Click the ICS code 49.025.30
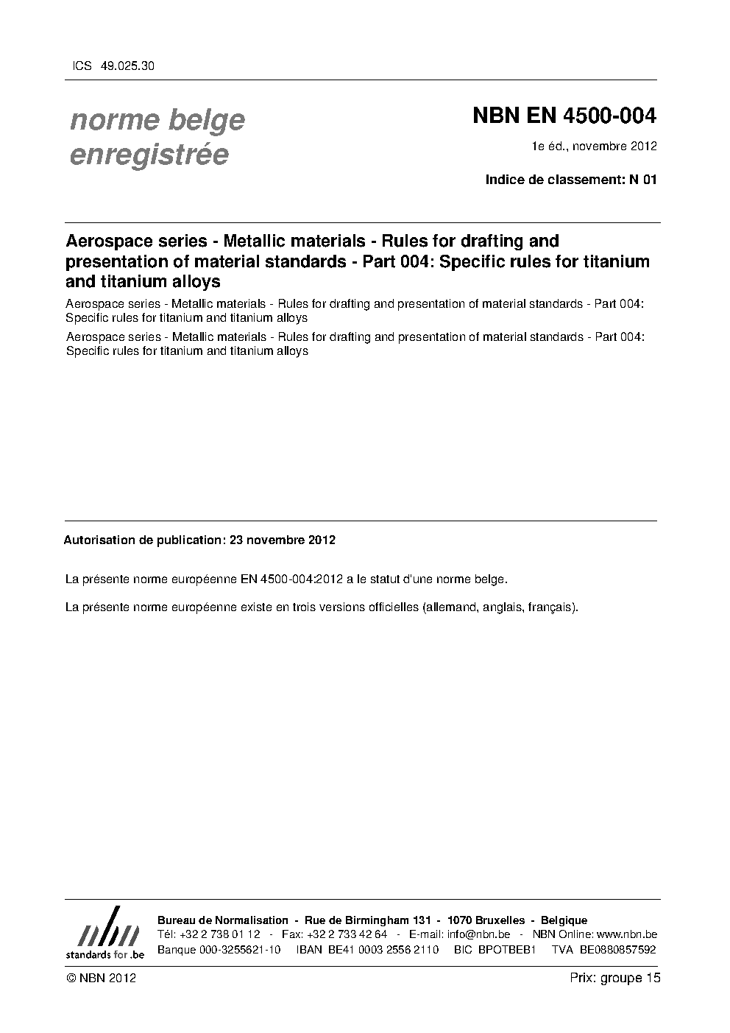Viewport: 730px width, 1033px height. click(127, 66)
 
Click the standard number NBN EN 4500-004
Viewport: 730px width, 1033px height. click(564, 116)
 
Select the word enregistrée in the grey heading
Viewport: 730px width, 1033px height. click(149, 155)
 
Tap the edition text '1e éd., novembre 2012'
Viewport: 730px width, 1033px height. click(595, 146)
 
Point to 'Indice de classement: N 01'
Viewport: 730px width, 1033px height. click(570, 180)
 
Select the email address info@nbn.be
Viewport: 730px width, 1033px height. click(478, 934)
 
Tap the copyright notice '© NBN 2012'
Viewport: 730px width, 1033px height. click(101, 978)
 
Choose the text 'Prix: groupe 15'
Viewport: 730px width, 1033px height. click(615, 978)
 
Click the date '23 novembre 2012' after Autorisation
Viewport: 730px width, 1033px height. click(283, 540)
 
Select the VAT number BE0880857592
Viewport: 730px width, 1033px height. click(618, 949)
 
